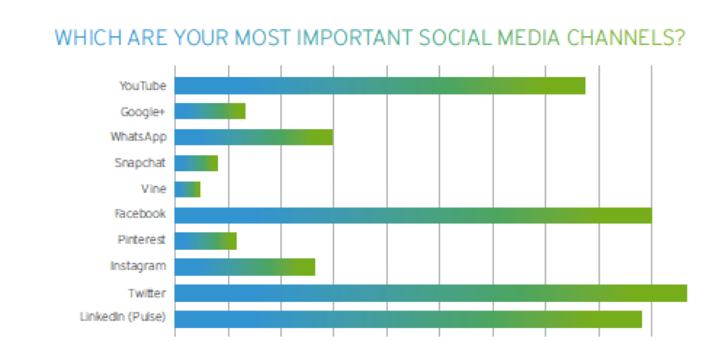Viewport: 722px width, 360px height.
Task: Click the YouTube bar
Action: click(380, 86)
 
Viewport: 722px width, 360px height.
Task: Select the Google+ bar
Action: click(210, 112)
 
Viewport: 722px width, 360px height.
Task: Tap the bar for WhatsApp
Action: click(254, 137)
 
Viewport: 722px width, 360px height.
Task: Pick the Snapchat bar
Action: click(196, 163)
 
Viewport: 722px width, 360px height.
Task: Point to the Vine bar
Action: click(187, 190)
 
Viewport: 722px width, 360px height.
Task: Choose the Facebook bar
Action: click(414, 215)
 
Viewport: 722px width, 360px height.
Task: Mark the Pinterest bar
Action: click(206, 241)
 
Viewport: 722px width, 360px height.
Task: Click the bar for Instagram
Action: click(245, 267)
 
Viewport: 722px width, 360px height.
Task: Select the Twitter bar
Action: click(431, 293)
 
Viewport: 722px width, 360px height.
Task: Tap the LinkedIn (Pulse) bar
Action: click(408, 319)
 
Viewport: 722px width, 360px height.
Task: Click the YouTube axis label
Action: click(143, 86)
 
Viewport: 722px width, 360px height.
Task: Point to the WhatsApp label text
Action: click(138, 137)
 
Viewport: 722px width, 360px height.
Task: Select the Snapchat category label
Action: click(141, 163)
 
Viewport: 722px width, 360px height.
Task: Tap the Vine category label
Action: click(154, 190)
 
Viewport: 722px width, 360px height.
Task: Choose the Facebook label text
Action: click(141, 215)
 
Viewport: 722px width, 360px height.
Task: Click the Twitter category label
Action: click(147, 293)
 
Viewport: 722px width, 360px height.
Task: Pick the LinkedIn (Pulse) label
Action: click(123, 319)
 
